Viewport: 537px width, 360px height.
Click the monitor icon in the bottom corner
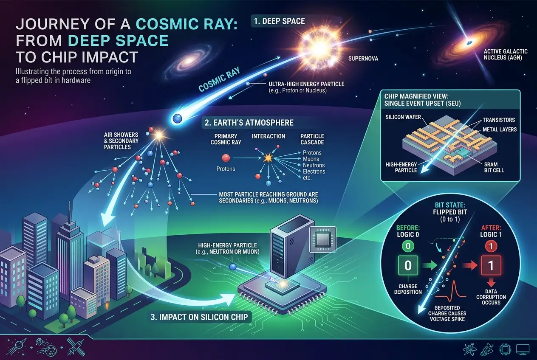[522, 349]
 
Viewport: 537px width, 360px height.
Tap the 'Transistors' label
[499, 120]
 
